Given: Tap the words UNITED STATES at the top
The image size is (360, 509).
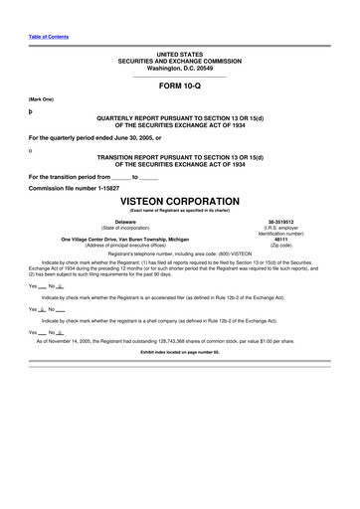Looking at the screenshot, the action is pos(179,50).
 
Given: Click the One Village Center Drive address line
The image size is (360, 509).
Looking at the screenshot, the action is pos(125,239).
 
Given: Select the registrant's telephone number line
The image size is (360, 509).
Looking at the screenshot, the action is pos(179,254).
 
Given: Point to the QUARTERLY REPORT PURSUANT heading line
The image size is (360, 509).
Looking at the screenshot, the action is pos(179,117).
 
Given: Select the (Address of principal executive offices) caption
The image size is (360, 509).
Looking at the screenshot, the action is pos(125,245).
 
